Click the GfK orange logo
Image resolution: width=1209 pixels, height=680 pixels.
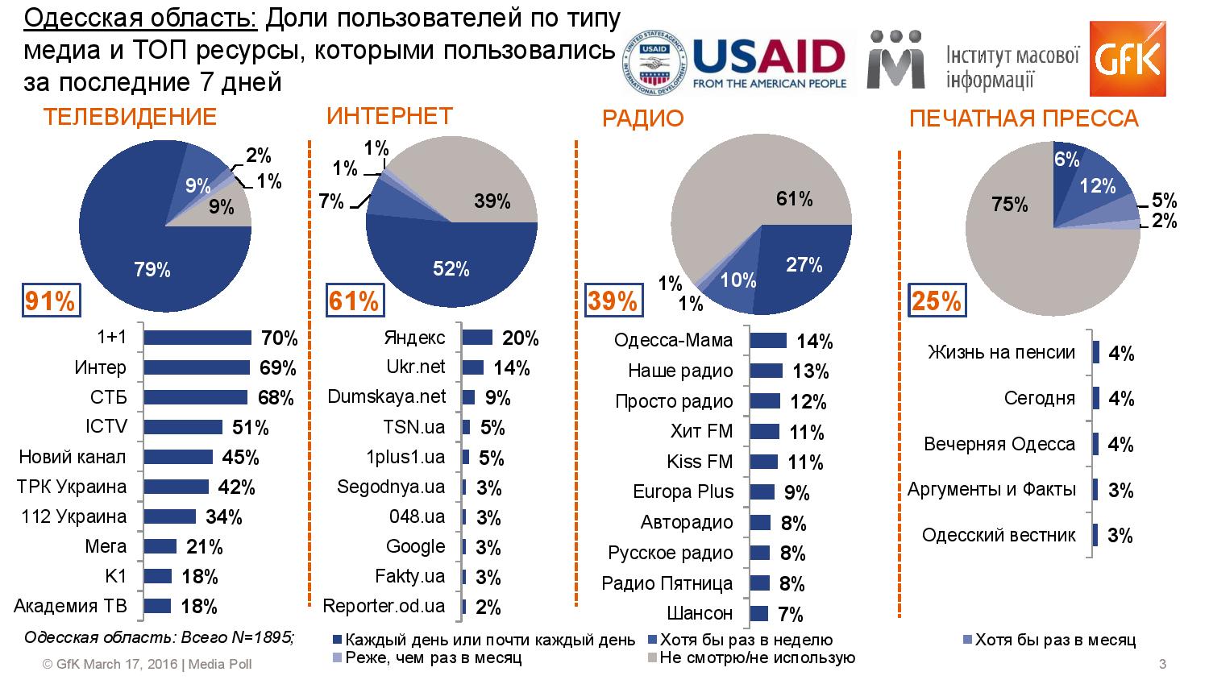tap(1128, 58)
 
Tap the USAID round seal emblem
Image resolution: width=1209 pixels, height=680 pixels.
tap(654, 63)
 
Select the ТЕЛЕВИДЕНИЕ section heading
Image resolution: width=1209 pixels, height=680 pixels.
tap(130, 117)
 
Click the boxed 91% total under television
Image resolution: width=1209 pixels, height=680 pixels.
tap(52, 300)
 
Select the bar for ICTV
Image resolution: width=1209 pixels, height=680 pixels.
tap(183, 427)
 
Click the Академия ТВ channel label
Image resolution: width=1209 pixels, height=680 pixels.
tap(70, 606)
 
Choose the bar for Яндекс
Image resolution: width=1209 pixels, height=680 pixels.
tap(478, 338)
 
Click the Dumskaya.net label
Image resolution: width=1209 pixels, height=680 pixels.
tap(386, 396)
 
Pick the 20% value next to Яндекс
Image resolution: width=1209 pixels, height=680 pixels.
tap(521, 338)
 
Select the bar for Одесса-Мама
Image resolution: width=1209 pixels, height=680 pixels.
tap(769, 341)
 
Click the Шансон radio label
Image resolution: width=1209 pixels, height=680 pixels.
tap(700, 613)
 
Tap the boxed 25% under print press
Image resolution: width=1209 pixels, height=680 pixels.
tap(937, 301)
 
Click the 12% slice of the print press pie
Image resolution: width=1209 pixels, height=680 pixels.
tap(1095, 186)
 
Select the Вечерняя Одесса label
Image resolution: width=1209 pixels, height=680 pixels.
tap(999, 444)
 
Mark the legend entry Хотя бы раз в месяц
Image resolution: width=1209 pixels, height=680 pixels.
tap(1049, 640)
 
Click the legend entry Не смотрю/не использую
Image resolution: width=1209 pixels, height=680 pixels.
tap(752, 658)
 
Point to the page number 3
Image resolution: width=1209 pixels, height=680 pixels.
tap(1162, 664)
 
